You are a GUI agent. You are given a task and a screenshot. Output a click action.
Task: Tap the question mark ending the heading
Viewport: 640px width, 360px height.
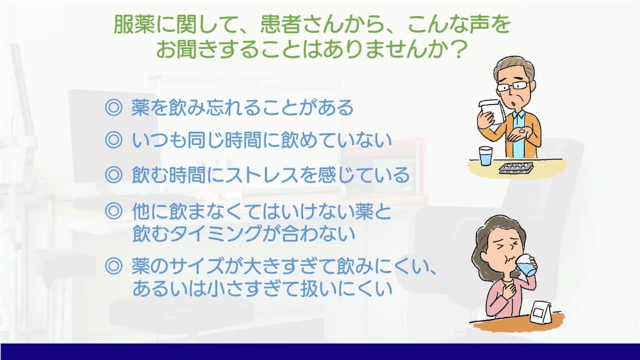pos(459,49)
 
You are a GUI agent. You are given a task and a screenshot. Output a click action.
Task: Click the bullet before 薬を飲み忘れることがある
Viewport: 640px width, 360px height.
pos(113,107)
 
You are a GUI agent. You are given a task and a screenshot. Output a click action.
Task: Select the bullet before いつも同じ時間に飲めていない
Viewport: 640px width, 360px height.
pos(113,140)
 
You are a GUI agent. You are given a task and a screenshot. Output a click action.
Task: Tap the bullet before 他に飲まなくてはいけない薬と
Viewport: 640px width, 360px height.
pos(113,211)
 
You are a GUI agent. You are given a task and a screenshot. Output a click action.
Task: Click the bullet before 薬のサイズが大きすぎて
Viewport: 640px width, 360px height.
pos(113,267)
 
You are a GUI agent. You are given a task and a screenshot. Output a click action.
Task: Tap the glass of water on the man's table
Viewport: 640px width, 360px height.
pos(485,156)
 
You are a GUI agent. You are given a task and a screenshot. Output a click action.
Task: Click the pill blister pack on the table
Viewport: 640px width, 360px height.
pos(516,168)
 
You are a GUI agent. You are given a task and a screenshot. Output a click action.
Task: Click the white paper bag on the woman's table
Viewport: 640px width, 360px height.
pos(541,311)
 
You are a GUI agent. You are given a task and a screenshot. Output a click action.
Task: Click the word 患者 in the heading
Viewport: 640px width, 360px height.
pos(280,25)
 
